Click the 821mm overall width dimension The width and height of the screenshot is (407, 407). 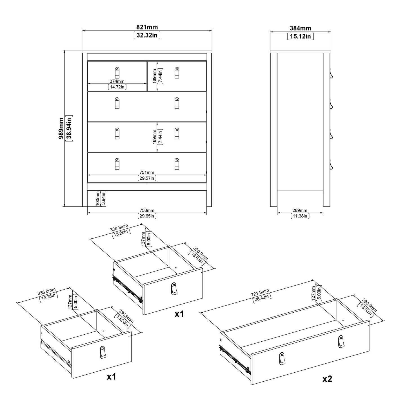click(147, 27)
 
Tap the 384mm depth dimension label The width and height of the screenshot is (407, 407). click(300, 28)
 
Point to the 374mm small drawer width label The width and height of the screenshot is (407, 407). click(117, 81)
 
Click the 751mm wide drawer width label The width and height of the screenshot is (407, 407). click(147, 173)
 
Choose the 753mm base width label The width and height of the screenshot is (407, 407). click(147, 210)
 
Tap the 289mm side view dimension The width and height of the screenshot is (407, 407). click(300, 210)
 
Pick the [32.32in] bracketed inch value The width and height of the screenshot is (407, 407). click(147, 35)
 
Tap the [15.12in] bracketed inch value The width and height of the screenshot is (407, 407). click(300, 36)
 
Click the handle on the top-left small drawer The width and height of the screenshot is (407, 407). click(117, 73)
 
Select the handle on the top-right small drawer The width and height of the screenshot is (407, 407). click(177, 73)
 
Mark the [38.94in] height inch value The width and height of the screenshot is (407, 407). click(68, 128)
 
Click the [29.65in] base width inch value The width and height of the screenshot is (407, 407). click(147, 216)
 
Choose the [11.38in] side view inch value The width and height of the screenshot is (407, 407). click(300, 216)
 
